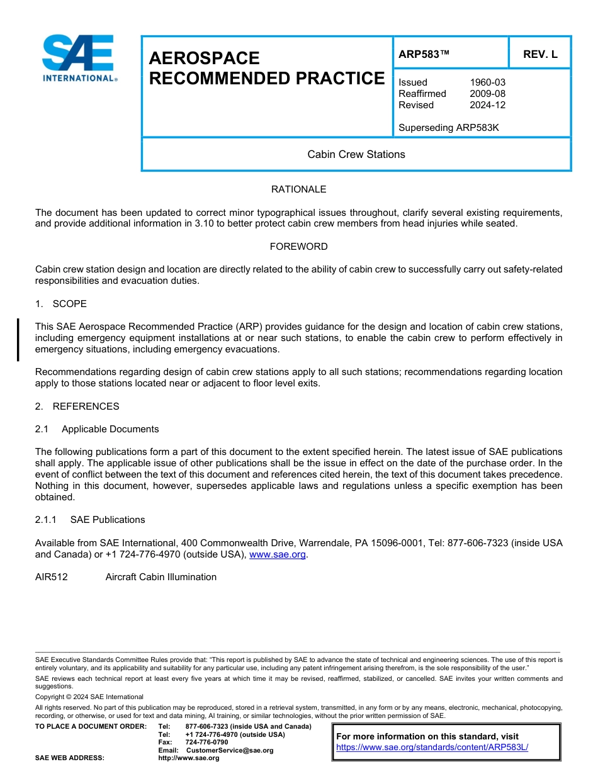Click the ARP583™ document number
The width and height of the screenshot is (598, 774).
coord(424,54)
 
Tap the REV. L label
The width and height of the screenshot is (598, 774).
coord(540,54)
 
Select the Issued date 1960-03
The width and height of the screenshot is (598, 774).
coord(487,82)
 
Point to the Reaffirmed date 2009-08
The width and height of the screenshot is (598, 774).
coord(487,94)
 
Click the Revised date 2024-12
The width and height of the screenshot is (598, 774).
coord(487,105)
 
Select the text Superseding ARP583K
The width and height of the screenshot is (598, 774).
coord(448,128)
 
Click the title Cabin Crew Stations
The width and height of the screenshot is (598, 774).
coord(356,154)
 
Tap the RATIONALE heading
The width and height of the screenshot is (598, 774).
coord(298,189)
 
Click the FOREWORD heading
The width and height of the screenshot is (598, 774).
coord(298,247)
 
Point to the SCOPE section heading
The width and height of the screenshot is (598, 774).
coord(69,304)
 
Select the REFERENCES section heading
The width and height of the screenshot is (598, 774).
coord(86,407)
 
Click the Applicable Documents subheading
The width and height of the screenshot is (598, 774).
coord(110,429)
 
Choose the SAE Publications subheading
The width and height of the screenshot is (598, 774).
coord(108,520)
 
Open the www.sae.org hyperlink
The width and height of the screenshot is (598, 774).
coord(277,554)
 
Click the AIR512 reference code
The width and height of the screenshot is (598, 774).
coord(51,577)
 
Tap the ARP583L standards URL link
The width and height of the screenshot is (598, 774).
coord(432,748)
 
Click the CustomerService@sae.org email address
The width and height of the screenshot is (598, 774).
coord(230,750)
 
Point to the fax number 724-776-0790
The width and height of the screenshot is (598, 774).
coord(206,743)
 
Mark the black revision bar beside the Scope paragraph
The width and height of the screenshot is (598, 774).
coord(18,339)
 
